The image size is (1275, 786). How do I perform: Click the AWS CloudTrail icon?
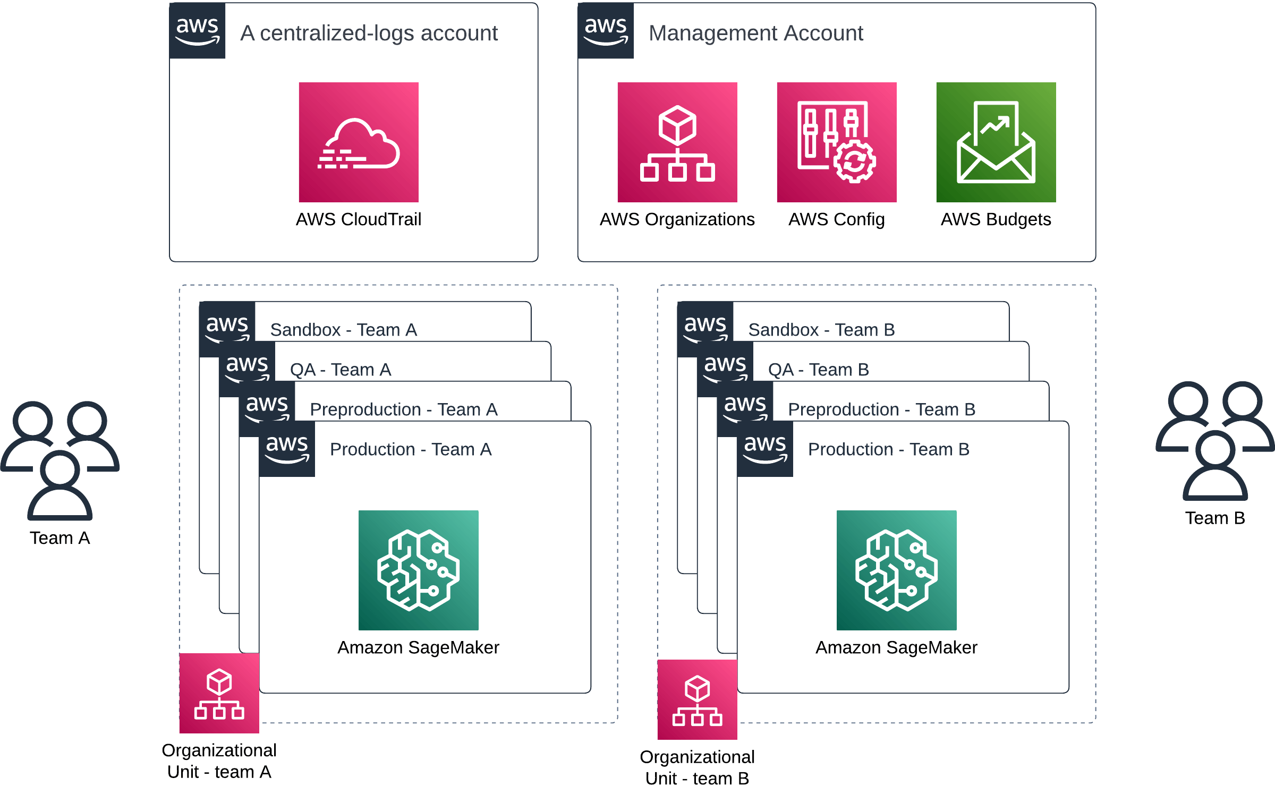click(359, 142)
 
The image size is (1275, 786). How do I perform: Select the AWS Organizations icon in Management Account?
click(677, 142)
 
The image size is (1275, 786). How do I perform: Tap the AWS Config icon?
click(837, 142)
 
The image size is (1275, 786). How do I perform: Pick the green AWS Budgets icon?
click(996, 142)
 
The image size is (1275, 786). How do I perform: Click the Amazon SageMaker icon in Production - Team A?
click(419, 570)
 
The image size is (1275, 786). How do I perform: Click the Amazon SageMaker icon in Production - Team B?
click(897, 570)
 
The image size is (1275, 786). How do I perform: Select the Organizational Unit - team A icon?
click(219, 693)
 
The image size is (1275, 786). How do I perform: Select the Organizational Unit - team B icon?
click(698, 699)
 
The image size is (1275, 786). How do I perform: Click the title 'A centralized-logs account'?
click(369, 33)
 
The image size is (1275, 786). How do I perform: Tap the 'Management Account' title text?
click(755, 33)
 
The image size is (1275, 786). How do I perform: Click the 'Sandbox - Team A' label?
click(344, 330)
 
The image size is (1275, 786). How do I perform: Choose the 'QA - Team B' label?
click(818, 370)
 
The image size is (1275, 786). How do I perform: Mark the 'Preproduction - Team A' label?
click(404, 409)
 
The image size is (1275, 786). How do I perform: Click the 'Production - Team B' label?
click(889, 449)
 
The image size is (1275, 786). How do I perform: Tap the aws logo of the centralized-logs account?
click(198, 30)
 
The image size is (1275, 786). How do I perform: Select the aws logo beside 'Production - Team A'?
click(287, 449)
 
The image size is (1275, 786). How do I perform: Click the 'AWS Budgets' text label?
click(996, 219)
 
